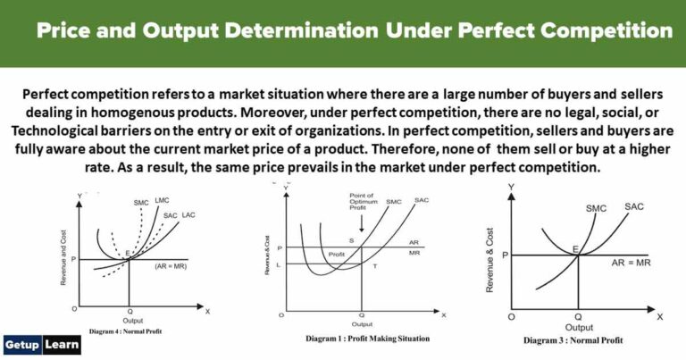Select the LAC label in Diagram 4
189,216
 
